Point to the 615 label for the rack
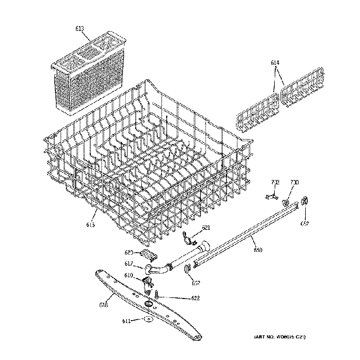pyautogui.click(x=90, y=224)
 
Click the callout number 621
pyautogui.click(x=206, y=228)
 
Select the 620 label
pyautogui.click(x=129, y=252)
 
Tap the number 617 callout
pyautogui.click(x=128, y=264)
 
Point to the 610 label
pyautogui.click(x=128, y=275)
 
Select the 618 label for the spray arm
pyautogui.click(x=104, y=304)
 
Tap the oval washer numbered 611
pyautogui.click(x=147, y=321)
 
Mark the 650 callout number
pyautogui.click(x=258, y=251)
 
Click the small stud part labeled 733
pyautogui.click(x=271, y=196)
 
